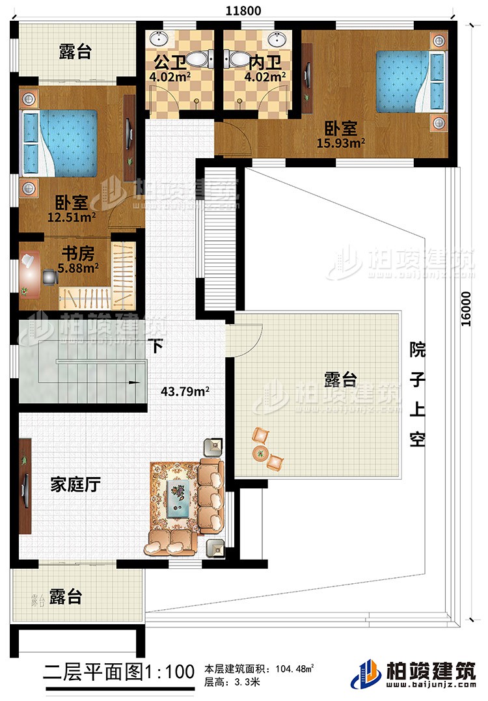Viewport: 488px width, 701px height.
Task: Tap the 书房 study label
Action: point(74,252)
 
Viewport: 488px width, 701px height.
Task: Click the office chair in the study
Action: point(49,276)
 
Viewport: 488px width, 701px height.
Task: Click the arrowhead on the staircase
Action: point(138,383)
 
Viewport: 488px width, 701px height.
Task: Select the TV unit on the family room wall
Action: point(27,485)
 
